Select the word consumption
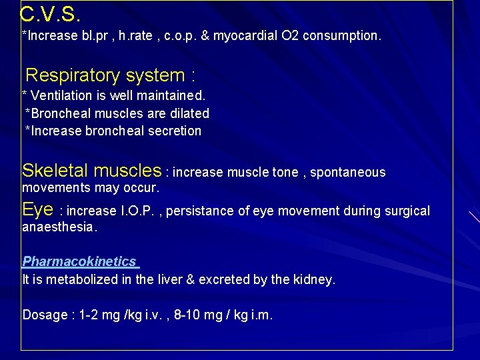click(x=342, y=35)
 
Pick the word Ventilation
click(x=62, y=95)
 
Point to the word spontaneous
click(x=349, y=173)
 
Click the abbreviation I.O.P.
click(x=139, y=211)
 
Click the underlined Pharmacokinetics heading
click(x=79, y=261)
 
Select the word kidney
click(x=314, y=279)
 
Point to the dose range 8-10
click(x=188, y=315)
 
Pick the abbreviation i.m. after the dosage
click(x=261, y=315)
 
